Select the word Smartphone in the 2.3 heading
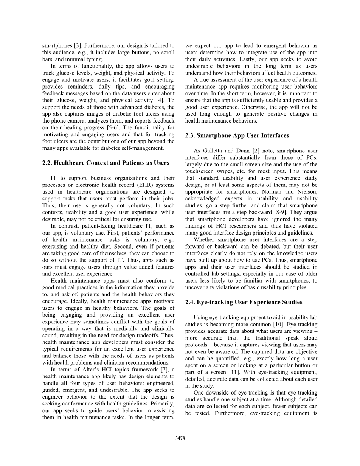(x=214, y=135)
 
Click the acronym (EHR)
(x=134, y=185)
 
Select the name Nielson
(x=306, y=192)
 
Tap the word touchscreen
(x=199, y=171)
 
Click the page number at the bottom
(x=180, y=439)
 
